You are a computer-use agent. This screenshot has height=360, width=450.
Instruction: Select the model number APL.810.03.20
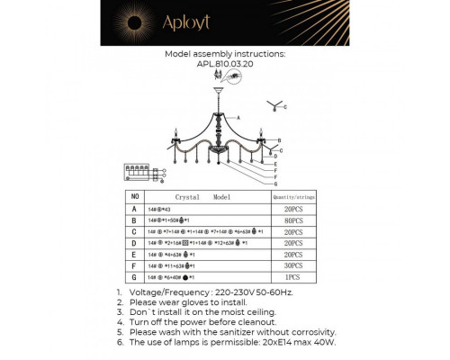[x=225, y=64]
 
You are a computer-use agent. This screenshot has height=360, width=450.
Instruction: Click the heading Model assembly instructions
[x=225, y=54]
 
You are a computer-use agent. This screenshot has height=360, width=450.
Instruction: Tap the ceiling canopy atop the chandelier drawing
[x=220, y=90]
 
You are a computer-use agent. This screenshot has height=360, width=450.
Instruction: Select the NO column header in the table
[x=135, y=195]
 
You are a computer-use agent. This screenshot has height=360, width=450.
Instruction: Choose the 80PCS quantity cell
[x=290, y=220]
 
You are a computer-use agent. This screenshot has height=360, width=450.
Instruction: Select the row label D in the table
[x=135, y=243]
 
